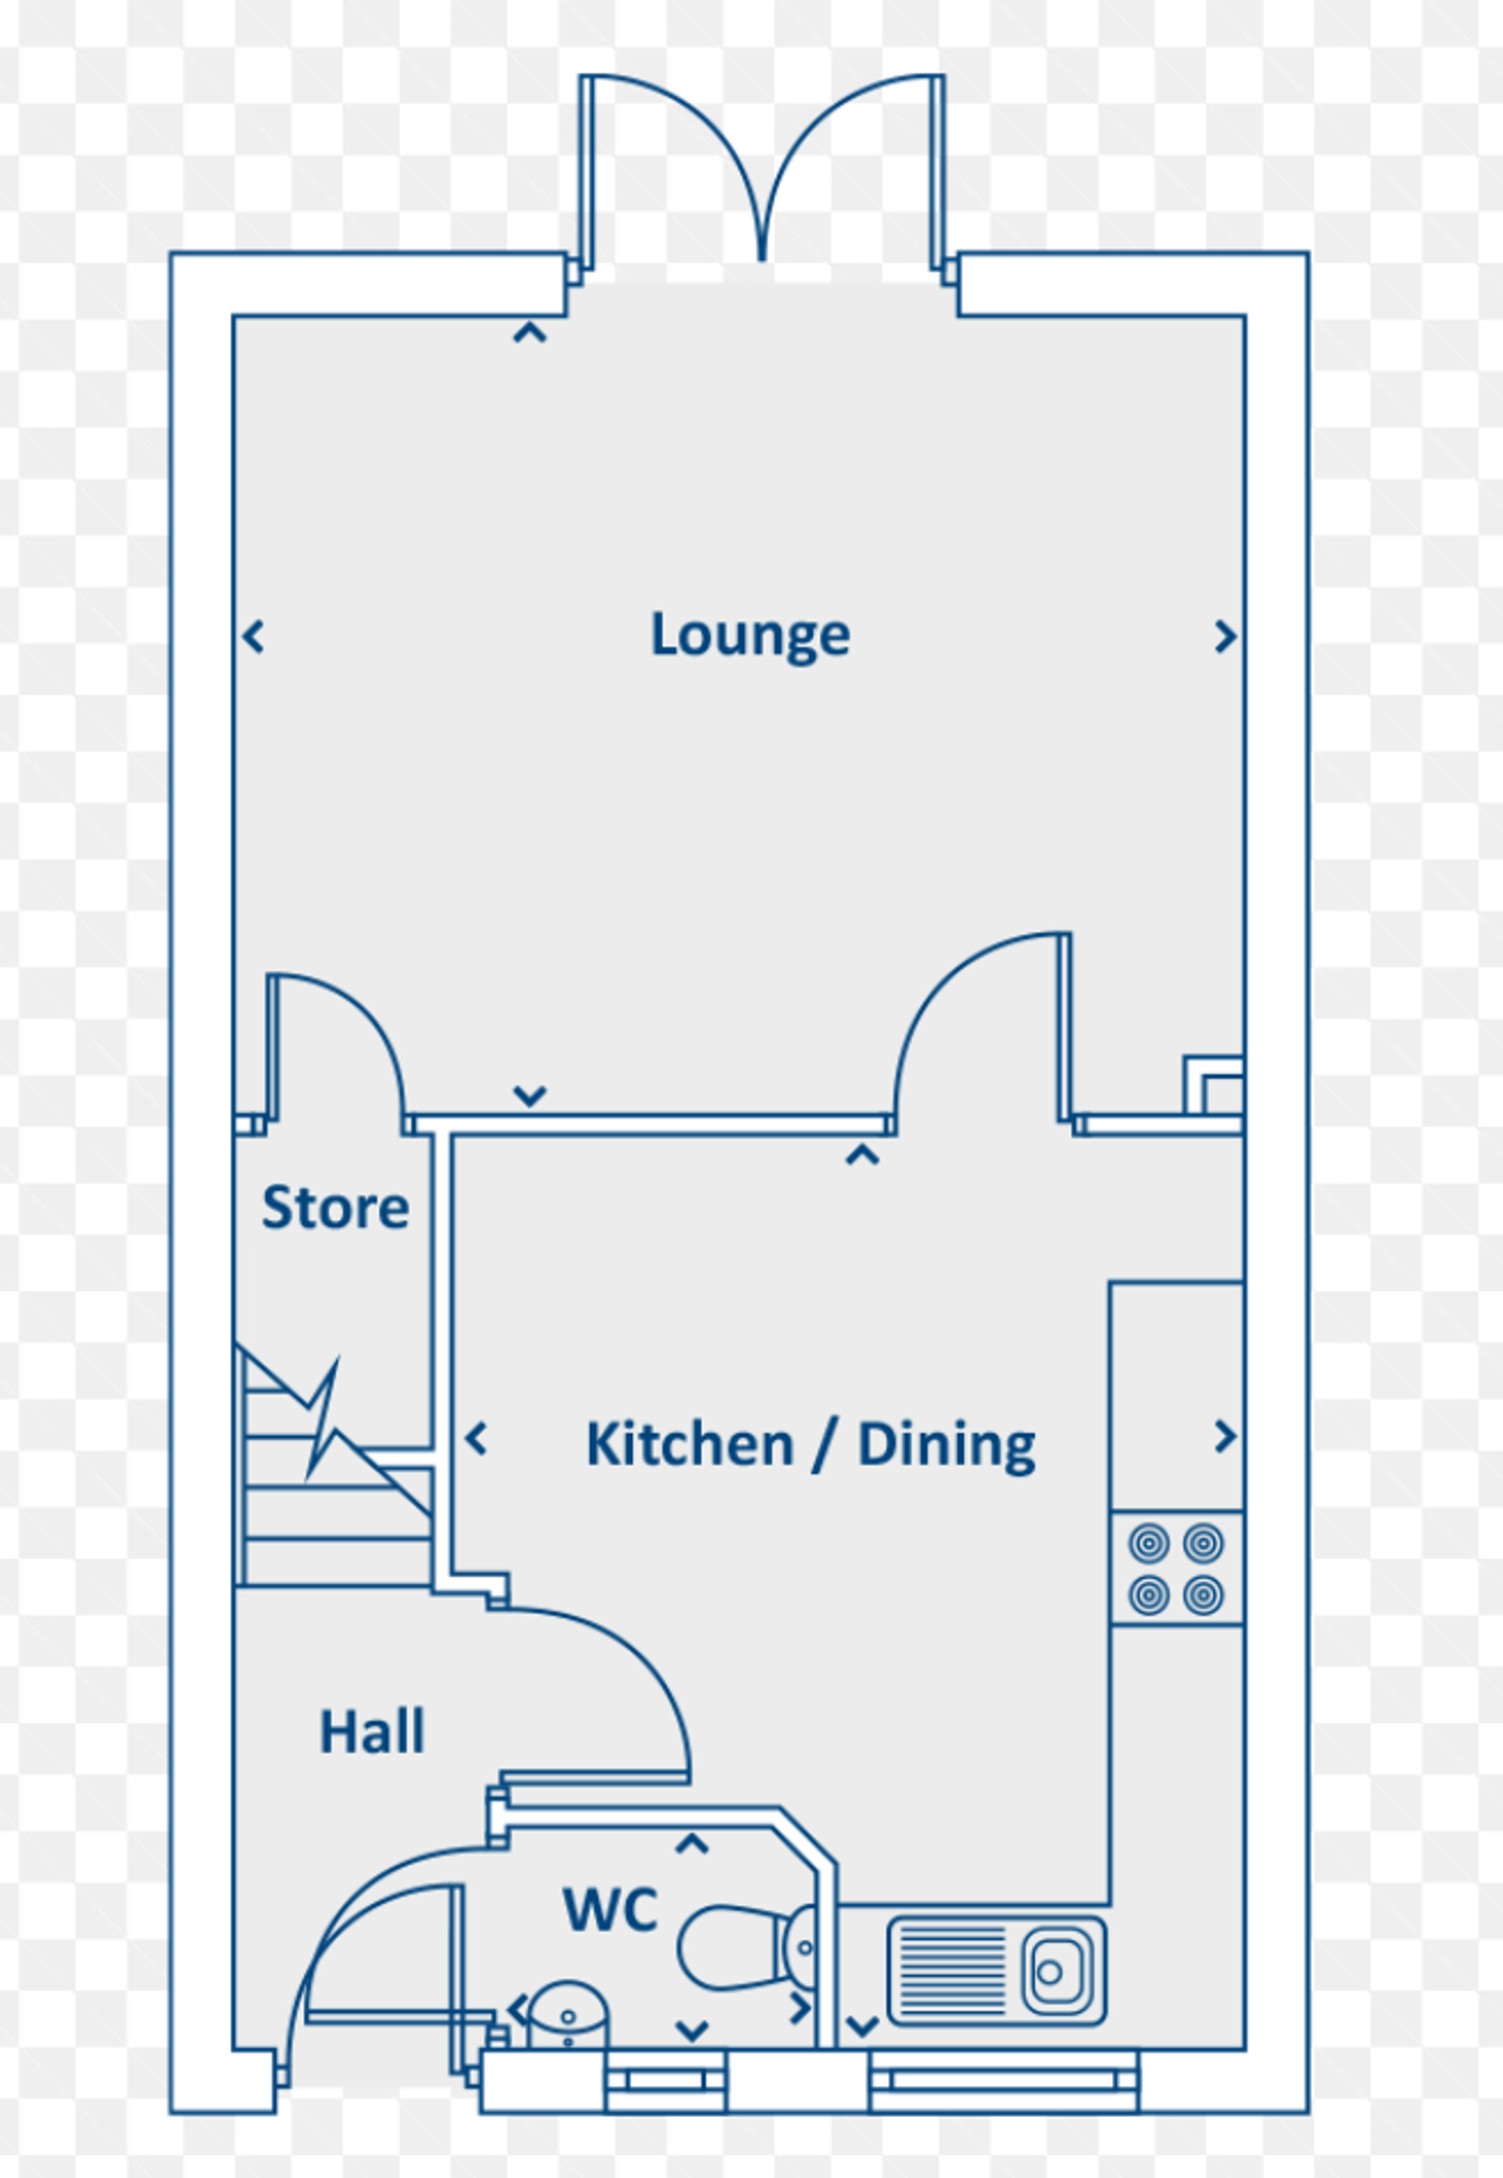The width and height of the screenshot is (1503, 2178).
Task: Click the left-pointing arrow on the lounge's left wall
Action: [252, 637]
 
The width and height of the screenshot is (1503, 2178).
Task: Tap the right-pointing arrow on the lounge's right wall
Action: [1224, 637]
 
